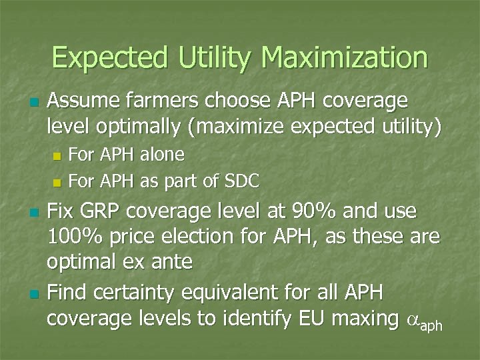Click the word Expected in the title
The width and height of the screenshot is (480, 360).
[x=111, y=58]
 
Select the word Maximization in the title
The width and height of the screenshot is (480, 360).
[x=344, y=58]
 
